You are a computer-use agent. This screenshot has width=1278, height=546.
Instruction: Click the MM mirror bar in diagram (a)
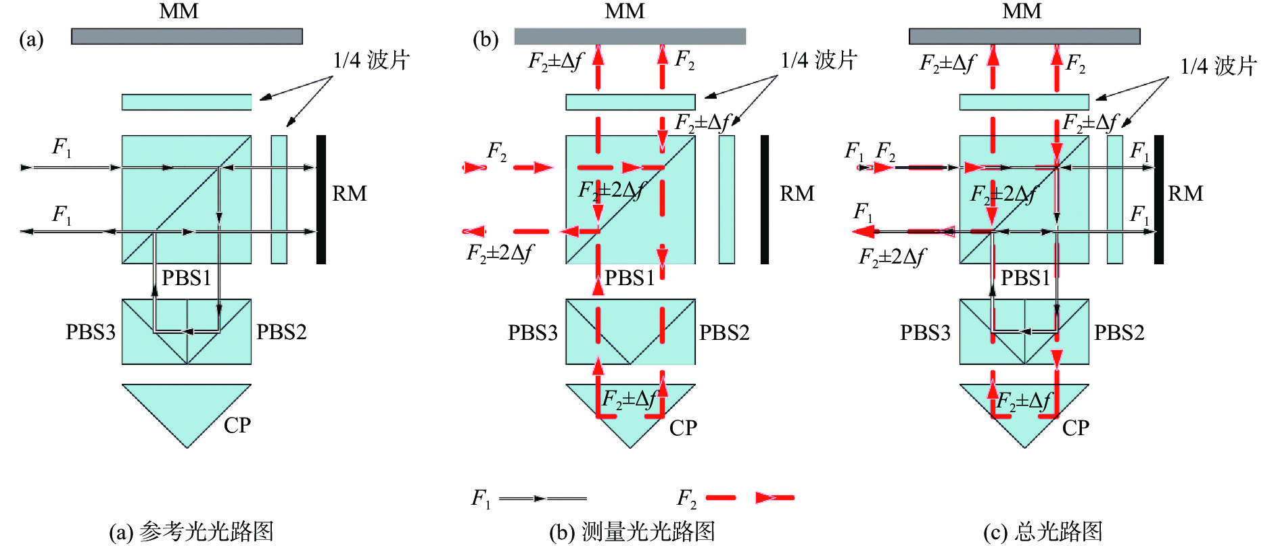click(187, 36)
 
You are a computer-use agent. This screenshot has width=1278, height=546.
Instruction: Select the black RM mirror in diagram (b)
click(765, 199)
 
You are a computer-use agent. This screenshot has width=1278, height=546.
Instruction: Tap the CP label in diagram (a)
click(237, 425)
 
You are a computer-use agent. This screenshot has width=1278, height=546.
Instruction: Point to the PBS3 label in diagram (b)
click(533, 332)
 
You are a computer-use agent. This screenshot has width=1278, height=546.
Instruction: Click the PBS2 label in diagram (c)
click(1119, 332)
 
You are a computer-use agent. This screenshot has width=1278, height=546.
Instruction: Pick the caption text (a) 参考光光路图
click(191, 532)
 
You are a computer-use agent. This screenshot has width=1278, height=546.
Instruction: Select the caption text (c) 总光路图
click(1043, 532)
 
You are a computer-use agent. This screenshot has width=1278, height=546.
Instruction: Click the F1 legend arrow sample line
click(543, 499)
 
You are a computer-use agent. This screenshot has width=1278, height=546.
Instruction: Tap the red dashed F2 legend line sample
click(750, 498)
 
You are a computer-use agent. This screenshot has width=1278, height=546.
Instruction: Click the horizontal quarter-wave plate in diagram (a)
click(187, 102)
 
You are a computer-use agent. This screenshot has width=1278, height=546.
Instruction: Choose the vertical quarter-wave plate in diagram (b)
click(727, 199)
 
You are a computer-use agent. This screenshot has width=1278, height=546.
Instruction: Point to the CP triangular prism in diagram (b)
click(630, 409)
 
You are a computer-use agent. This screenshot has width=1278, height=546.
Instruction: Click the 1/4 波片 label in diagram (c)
click(1218, 66)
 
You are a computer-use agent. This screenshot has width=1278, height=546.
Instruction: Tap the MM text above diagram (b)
click(625, 11)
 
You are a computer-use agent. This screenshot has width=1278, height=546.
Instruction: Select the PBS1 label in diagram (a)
click(187, 278)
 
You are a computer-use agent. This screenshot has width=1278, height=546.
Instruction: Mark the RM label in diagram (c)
click(1185, 194)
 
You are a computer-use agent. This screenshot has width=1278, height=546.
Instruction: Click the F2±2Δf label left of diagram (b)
click(500, 253)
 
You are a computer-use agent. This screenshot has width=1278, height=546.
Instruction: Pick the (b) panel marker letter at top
click(486, 40)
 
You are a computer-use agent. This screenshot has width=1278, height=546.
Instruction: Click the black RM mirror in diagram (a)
click(321, 199)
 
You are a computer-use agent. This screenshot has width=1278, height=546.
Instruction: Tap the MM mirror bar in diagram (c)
click(1024, 36)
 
